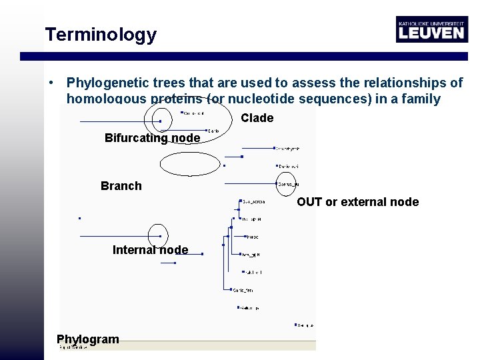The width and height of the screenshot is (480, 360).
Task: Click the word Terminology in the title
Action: (x=101, y=35)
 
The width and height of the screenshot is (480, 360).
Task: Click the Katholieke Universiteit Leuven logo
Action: (x=431, y=29)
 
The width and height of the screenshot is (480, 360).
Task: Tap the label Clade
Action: (x=257, y=118)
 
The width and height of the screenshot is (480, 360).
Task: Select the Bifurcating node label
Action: (x=152, y=138)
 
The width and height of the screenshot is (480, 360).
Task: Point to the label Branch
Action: (x=121, y=186)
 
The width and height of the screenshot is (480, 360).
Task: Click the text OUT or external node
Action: (x=357, y=202)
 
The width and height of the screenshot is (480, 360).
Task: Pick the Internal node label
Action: (x=150, y=250)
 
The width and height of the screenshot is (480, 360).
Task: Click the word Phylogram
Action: (x=88, y=339)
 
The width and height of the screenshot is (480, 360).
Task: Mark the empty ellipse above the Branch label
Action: (x=189, y=164)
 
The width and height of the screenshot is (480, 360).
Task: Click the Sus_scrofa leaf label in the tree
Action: (x=254, y=201)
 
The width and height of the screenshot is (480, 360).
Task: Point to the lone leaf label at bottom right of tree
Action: (x=305, y=325)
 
